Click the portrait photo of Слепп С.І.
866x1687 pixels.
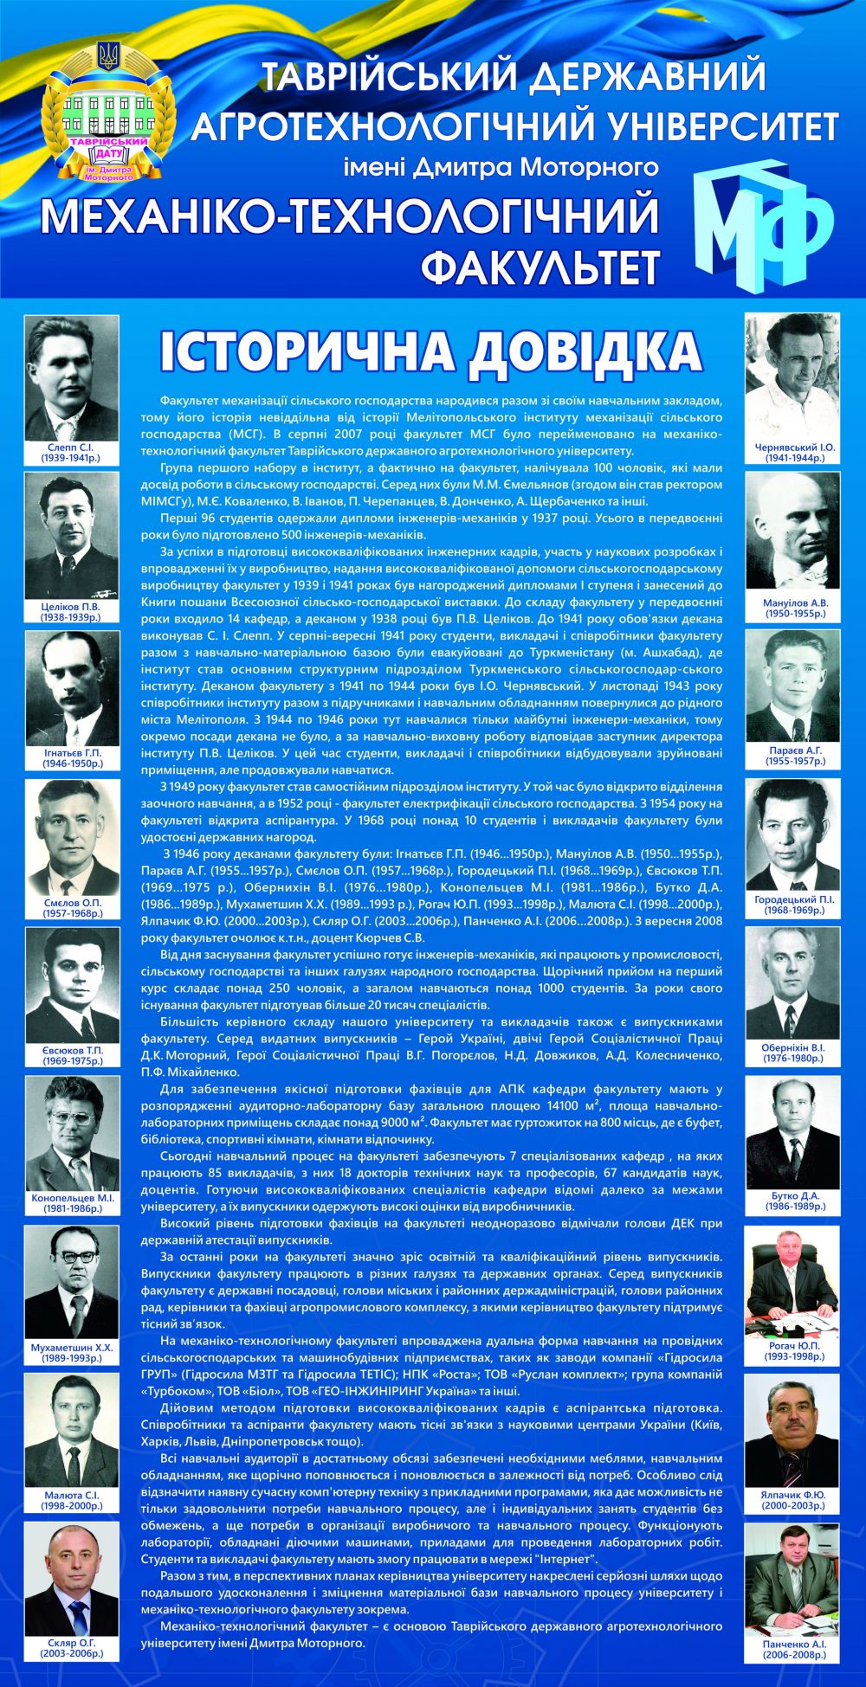72,377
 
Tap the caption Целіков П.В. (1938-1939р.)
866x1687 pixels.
71,612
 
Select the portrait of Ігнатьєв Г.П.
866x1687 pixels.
72,688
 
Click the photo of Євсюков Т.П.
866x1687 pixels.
72,986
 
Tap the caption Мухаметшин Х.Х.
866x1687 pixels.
72,1348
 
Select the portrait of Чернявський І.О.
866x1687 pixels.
793,377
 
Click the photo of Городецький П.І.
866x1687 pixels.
793,836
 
